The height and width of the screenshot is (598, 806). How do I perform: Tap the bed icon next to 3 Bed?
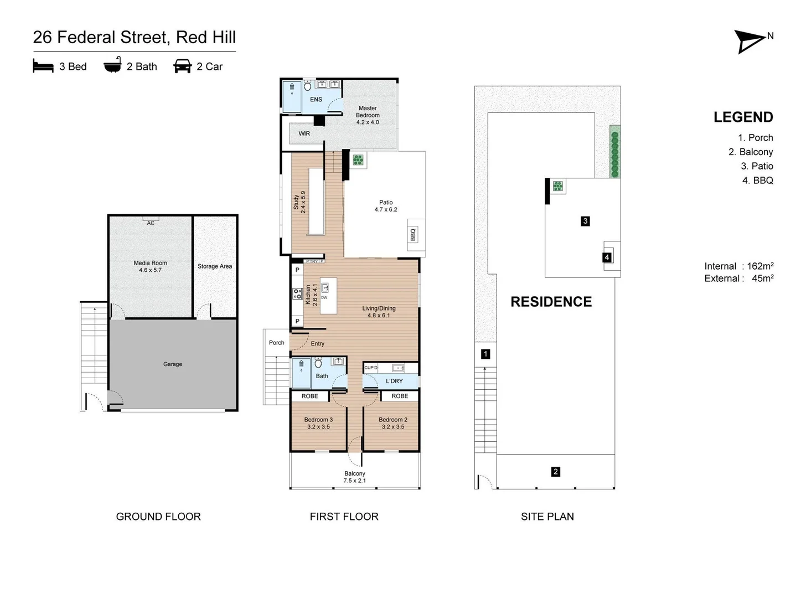[43, 66]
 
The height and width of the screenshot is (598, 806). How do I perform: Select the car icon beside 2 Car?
[182, 66]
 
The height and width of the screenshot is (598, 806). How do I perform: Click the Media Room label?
[150, 266]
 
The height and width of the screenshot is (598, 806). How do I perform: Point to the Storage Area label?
[215, 266]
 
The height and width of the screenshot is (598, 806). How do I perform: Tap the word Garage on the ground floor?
[173, 364]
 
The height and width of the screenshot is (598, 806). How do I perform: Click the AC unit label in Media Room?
[151, 223]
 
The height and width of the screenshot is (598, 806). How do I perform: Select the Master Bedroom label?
[368, 115]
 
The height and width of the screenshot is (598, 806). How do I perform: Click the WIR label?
[304, 133]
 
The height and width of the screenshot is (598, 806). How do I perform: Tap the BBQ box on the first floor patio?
[413, 235]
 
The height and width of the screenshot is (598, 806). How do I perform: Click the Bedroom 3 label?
[318, 423]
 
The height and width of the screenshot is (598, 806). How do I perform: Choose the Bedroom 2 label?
[393, 423]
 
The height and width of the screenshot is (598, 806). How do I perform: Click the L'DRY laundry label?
[394, 381]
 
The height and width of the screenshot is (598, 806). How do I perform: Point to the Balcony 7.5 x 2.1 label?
[355, 477]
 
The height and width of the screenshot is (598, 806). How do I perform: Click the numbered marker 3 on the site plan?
[585, 221]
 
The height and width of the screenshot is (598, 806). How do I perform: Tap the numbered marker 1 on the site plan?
[485, 354]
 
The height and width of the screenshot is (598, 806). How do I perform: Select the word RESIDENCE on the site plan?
[551, 302]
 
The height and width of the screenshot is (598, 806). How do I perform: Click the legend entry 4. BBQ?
[757, 181]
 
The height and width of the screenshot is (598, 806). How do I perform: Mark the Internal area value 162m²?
[760, 266]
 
